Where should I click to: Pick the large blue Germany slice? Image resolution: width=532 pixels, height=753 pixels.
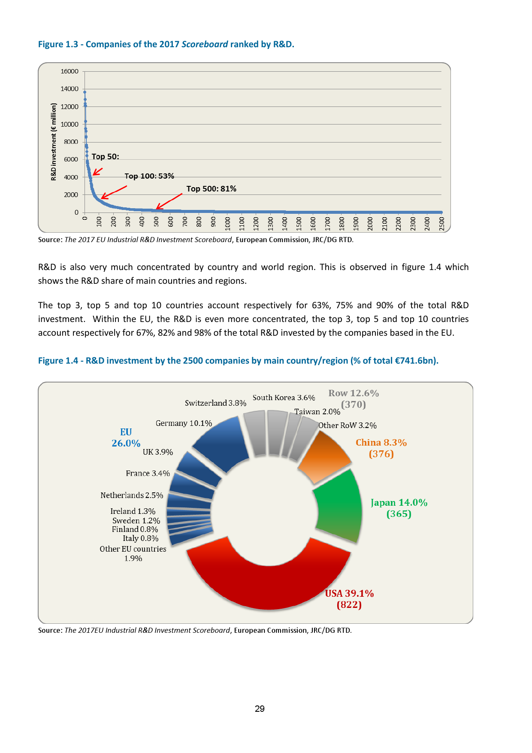(223, 444)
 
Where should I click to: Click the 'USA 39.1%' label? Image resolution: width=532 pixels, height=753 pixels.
(349, 593)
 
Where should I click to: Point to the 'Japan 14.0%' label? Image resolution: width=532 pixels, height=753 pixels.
(399, 503)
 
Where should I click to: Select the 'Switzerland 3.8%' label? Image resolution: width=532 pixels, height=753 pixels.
(215, 403)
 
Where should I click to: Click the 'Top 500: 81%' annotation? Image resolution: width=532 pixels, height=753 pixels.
(211, 189)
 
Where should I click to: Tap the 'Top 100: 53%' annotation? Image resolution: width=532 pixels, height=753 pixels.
(149, 176)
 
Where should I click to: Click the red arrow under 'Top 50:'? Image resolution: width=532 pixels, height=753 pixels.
(97, 172)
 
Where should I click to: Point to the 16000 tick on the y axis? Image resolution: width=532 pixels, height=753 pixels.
(70, 71)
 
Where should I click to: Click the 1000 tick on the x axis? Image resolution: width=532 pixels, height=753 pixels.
(227, 224)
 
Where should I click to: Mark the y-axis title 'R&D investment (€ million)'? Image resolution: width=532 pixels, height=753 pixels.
(54, 142)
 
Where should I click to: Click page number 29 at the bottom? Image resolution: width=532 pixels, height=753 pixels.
(260, 709)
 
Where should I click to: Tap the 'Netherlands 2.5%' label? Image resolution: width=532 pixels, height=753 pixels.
(132, 495)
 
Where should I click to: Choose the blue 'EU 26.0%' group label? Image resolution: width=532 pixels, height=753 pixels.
(126, 437)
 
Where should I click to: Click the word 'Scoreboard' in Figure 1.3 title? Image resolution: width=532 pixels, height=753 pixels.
(205, 44)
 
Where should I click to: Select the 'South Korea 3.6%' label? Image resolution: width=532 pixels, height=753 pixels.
(284, 398)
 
